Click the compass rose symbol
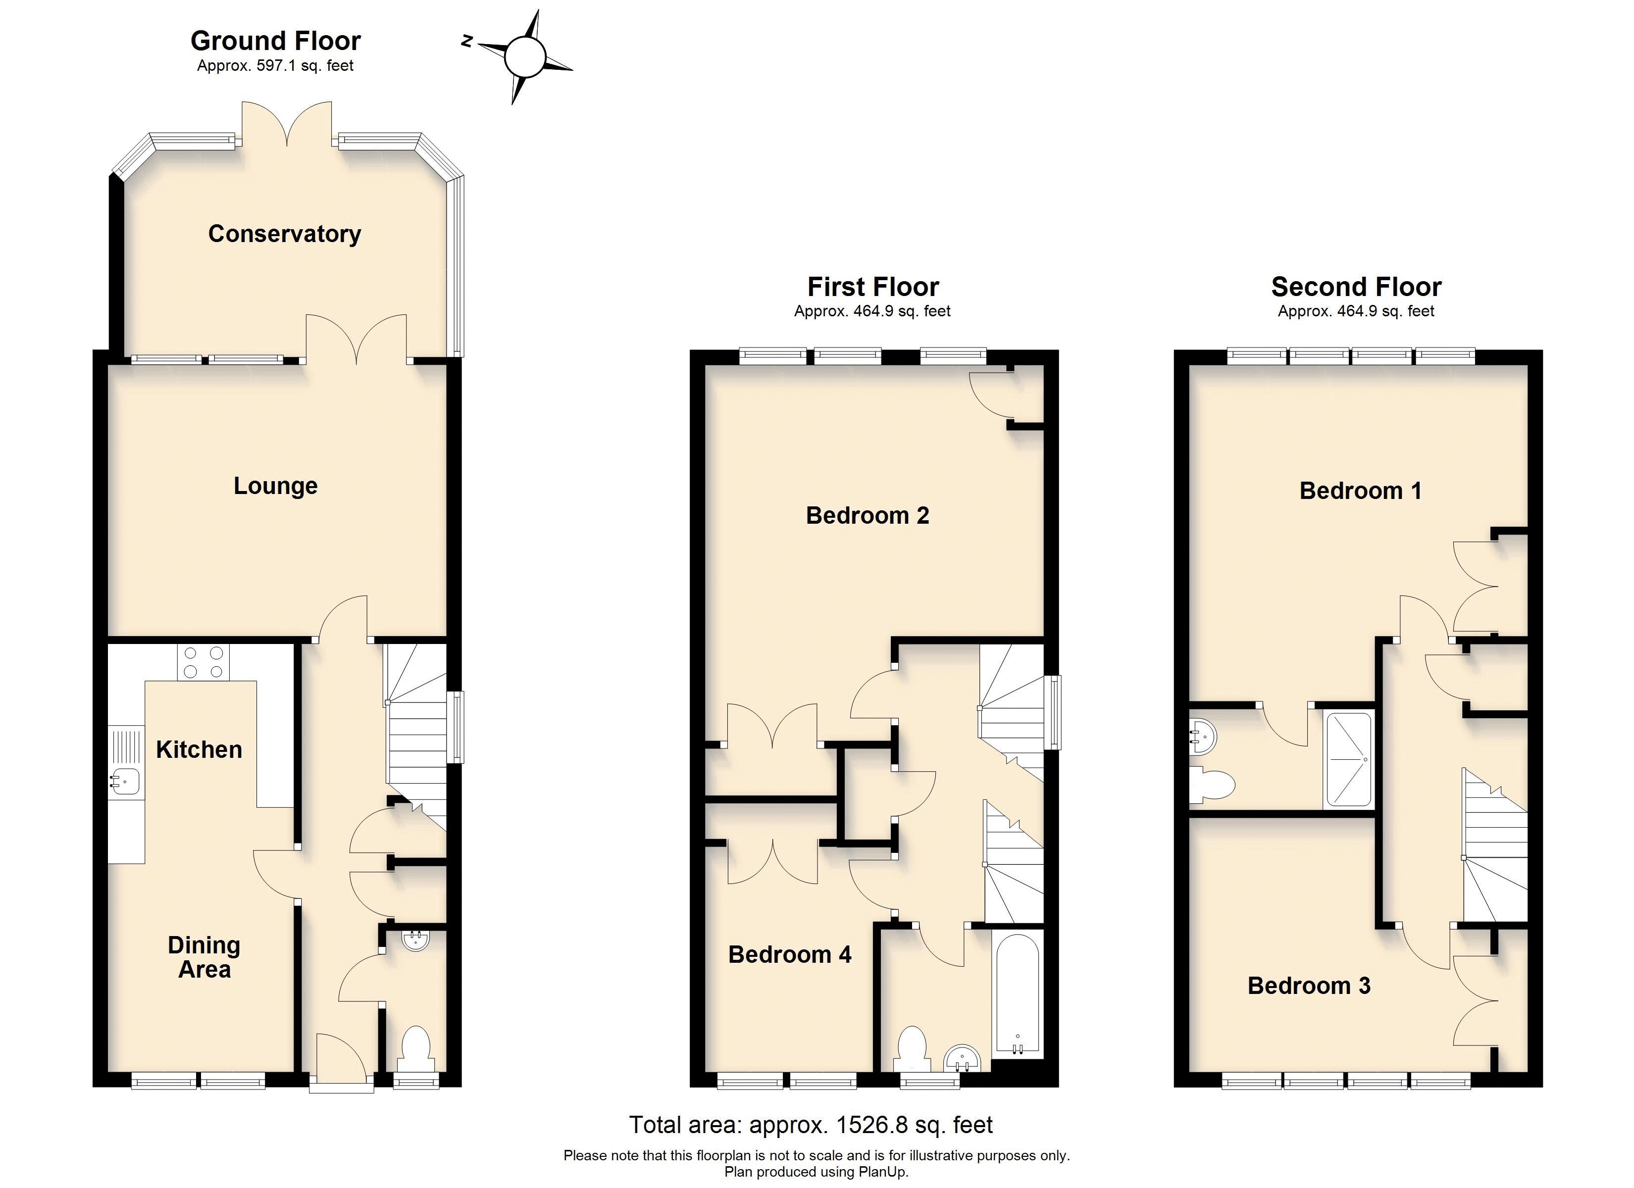click(x=524, y=57)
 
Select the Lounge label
click(x=275, y=486)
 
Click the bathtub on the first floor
click(x=1017, y=994)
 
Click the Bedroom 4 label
click(x=790, y=954)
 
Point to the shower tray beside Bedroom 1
click(x=1349, y=759)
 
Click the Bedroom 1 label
click(x=1360, y=491)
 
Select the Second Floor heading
click(x=1355, y=287)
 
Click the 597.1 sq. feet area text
click(x=275, y=65)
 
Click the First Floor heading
click(x=872, y=287)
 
